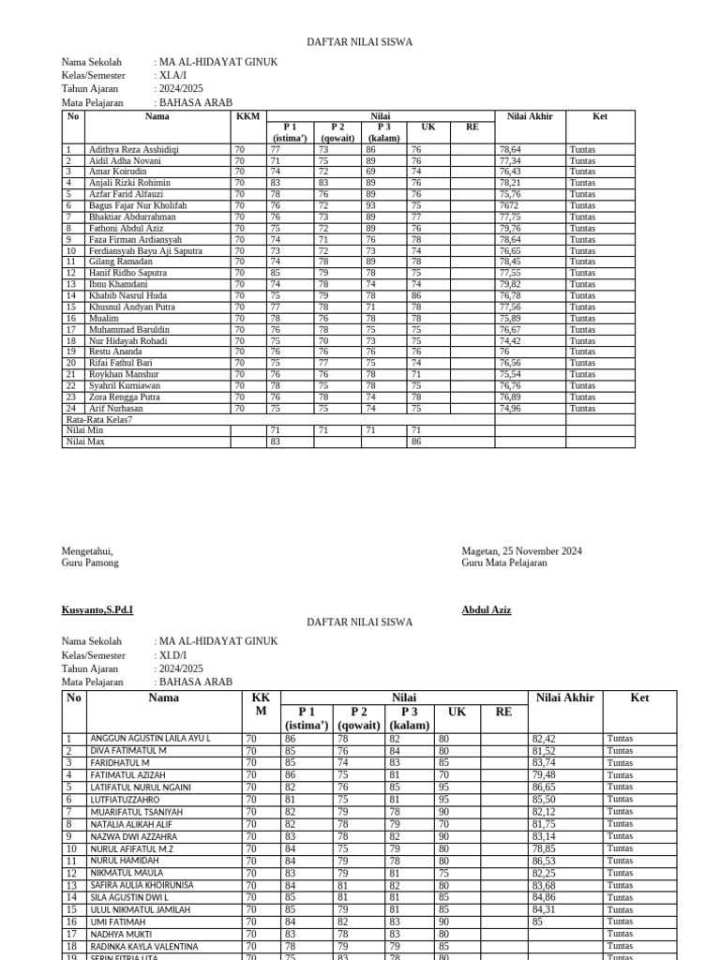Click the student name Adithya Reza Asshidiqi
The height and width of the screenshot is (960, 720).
click(133, 149)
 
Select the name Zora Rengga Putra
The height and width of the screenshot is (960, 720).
click(124, 397)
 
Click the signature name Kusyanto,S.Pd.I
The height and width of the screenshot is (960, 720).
click(97, 610)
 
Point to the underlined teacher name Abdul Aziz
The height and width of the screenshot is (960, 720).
click(487, 610)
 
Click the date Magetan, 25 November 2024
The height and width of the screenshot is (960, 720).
click(521, 551)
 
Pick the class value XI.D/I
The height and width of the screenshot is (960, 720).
click(173, 655)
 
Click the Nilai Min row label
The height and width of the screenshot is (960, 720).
click(84, 429)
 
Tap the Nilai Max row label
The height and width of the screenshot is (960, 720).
click(85, 441)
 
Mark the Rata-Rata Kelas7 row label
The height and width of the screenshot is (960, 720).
click(99, 419)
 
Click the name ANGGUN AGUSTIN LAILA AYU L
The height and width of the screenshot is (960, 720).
click(150, 739)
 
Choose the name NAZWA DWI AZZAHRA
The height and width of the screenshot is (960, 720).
click(133, 836)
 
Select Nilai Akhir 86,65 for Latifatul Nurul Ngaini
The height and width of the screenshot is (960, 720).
click(544, 787)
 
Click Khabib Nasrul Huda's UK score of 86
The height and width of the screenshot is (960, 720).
click(415, 295)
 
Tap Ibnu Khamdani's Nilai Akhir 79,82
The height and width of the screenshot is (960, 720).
click(511, 284)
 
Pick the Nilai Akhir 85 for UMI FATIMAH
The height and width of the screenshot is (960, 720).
click(537, 922)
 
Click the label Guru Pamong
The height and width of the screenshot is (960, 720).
click(90, 562)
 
